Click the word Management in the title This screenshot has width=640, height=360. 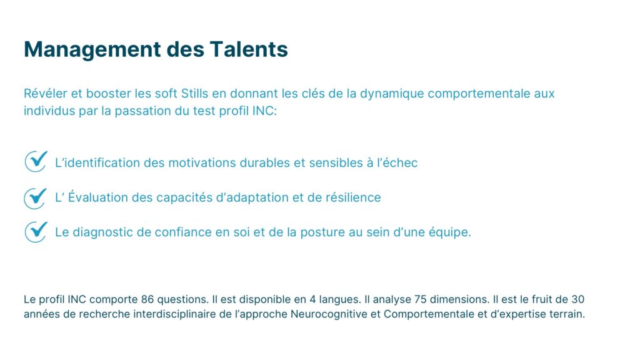(92, 50)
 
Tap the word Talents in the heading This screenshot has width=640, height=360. (249, 49)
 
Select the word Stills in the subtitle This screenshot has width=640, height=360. (195, 94)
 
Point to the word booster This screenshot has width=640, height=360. (109, 94)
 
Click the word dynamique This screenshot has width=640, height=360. (392, 94)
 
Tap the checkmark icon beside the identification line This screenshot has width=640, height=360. (36, 161)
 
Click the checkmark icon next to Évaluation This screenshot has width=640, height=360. (36, 198)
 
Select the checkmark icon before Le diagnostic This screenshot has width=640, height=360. (36, 232)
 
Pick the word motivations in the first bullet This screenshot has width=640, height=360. (202, 163)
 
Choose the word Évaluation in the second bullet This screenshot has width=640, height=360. (98, 197)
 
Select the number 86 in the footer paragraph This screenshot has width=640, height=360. (147, 299)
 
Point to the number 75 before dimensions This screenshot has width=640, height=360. (421, 299)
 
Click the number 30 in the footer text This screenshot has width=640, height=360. (577, 299)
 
